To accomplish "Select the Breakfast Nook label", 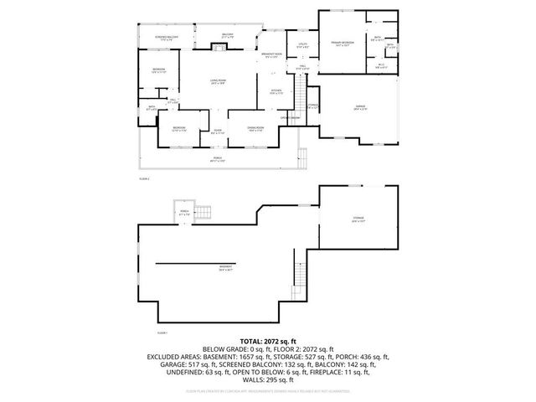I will click(271, 56).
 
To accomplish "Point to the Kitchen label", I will click(276, 91).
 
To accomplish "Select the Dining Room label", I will click(255, 127).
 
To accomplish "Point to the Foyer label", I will click(217, 131).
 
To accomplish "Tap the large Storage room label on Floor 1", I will click(358, 219).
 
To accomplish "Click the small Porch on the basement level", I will click(184, 214).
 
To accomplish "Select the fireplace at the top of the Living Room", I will click(219, 49).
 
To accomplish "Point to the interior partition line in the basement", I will click(205, 264).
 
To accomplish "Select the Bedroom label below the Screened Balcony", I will click(158, 70).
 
